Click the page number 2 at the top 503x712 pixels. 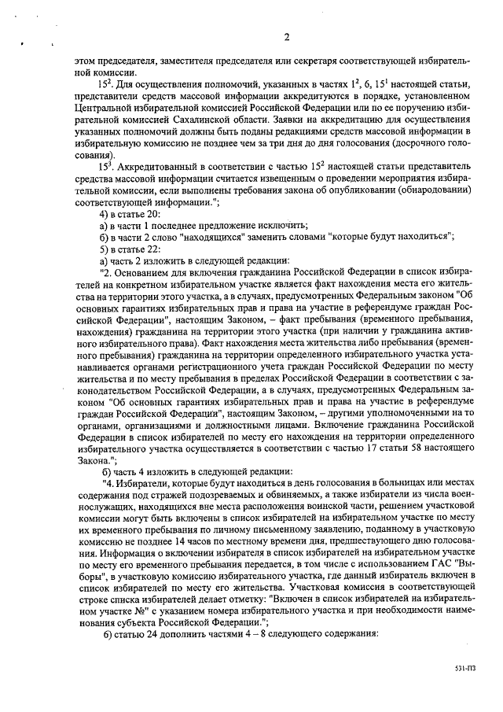[x=287, y=37]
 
